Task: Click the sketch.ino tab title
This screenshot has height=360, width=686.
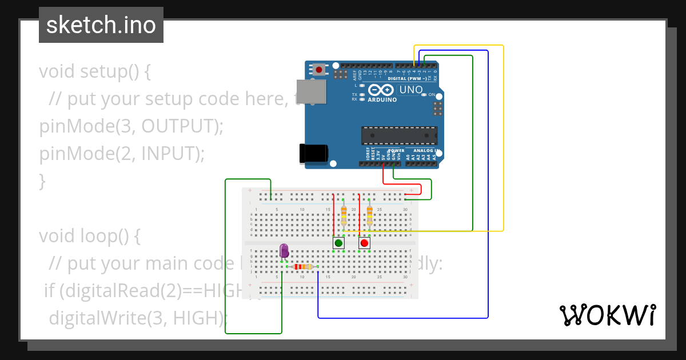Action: pyautogui.click(x=101, y=25)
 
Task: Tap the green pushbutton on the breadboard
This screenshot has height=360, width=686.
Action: pyautogui.click(x=338, y=243)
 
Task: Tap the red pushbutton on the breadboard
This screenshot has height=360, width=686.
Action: pyautogui.click(x=364, y=243)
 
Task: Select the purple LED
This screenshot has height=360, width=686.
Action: pyautogui.click(x=284, y=250)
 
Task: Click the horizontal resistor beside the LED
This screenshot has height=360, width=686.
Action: pyautogui.click(x=302, y=267)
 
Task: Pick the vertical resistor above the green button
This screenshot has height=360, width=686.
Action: pyautogui.click(x=344, y=215)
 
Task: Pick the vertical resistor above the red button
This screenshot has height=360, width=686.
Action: pyautogui.click(x=369, y=215)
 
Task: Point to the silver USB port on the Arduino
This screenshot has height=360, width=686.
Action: pyautogui.click(x=312, y=91)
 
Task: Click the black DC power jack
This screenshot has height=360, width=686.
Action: pyautogui.click(x=313, y=154)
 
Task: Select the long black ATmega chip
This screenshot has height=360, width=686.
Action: pyautogui.click(x=399, y=135)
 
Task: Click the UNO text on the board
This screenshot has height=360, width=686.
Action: pyautogui.click(x=410, y=90)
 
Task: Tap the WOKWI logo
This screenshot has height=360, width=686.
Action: pyautogui.click(x=607, y=315)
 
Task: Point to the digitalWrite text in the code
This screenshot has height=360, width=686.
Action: pyautogui.click(x=95, y=318)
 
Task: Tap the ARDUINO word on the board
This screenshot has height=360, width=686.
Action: pyautogui.click(x=382, y=99)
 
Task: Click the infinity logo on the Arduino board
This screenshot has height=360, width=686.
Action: pyautogui.click(x=381, y=90)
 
